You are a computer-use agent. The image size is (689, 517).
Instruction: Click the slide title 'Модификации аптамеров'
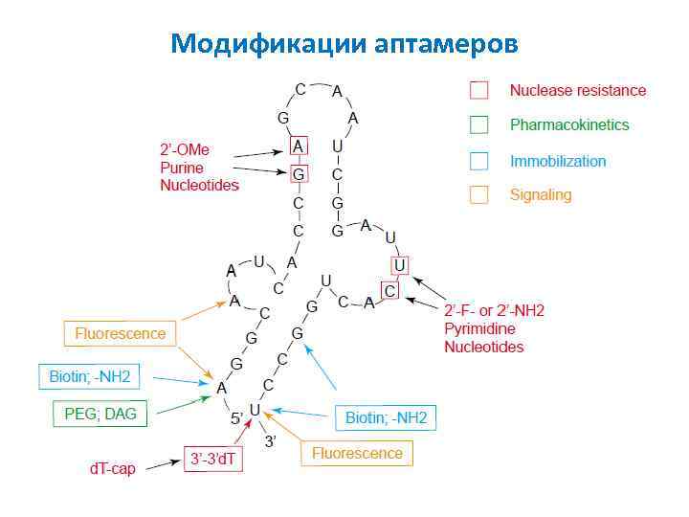(344, 43)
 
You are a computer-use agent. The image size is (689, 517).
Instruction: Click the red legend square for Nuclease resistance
(478, 90)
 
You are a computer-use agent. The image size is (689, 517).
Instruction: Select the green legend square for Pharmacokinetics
(478, 124)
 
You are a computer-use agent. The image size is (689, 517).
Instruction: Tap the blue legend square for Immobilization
(478, 161)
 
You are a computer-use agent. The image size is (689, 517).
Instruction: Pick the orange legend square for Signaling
(478, 195)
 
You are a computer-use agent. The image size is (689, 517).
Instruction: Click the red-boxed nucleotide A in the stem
(299, 146)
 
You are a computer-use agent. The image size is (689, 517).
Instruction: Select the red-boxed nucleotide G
(299, 174)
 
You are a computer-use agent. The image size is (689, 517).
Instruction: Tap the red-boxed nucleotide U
(400, 264)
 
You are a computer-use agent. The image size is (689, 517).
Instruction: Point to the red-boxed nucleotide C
(389, 289)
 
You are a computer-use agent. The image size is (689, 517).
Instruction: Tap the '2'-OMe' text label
(185, 149)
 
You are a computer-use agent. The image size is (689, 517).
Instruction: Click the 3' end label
(271, 439)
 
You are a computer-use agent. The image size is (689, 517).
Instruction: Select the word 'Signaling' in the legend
(541, 195)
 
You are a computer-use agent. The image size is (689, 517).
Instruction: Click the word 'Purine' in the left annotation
(182, 168)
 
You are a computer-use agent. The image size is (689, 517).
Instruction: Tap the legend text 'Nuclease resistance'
(578, 91)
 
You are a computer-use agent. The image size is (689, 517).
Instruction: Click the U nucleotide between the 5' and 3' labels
(255, 411)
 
